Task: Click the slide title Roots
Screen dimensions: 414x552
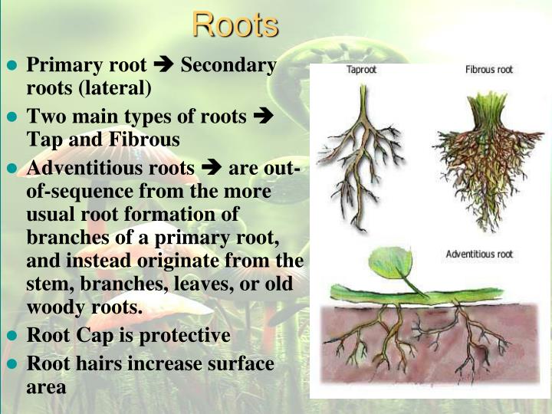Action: point(235,25)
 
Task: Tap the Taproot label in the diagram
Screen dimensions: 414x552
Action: point(361,70)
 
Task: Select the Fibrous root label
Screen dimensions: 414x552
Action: point(488,70)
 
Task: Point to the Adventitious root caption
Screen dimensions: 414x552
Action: point(480,254)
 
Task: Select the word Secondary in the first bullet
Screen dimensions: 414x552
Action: point(228,66)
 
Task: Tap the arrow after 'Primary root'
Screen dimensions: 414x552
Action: point(164,66)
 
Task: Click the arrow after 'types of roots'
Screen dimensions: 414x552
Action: point(262,117)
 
